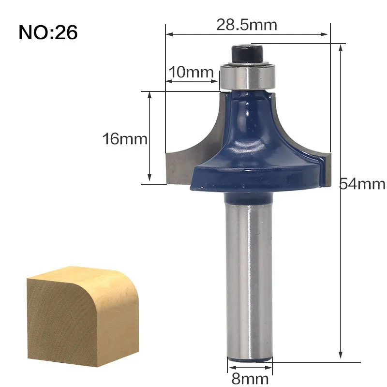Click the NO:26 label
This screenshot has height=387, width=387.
click(48, 32)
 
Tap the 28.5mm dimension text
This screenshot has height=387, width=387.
click(247, 25)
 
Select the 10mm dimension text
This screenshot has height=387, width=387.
click(191, 72)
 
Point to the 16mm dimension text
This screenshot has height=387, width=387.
click(125, 139)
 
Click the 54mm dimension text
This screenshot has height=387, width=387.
click(362, 184)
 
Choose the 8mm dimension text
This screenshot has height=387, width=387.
click(250, 379)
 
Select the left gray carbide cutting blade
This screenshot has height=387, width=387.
click(188, 153)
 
